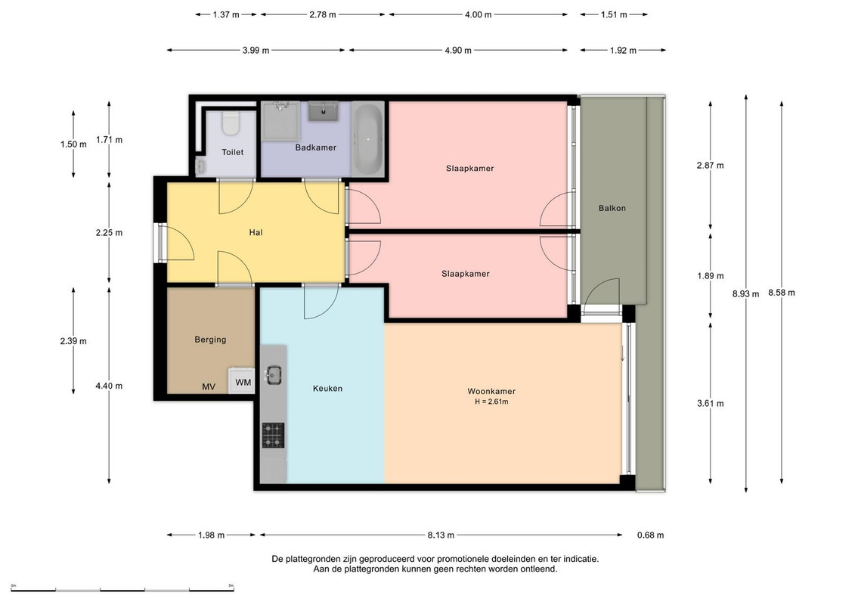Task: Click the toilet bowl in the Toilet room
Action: [x=231, y=123]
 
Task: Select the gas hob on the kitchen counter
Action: [x=273, y=435]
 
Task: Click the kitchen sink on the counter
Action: [x=273, y=375]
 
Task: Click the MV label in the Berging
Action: [x=209, y=386]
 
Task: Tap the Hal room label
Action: [x=256, y=232]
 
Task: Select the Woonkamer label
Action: [x=491, y=391]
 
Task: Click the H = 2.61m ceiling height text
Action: [x=491, y=402]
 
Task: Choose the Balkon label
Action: [x=612, y=208]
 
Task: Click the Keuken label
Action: [x=328, y=389]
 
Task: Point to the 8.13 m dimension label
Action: [x=441, y=535]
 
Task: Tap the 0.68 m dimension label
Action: [x=651, y=535]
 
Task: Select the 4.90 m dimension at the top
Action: [x=457, y=50]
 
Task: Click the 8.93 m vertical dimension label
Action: [x=745, y=293]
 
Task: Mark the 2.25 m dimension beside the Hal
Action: [x=109, y=232]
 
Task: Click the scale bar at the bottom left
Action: [x=122, y=590]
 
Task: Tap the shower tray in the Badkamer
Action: [x=280, y=120]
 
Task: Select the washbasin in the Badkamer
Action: [x=324, y=110]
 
